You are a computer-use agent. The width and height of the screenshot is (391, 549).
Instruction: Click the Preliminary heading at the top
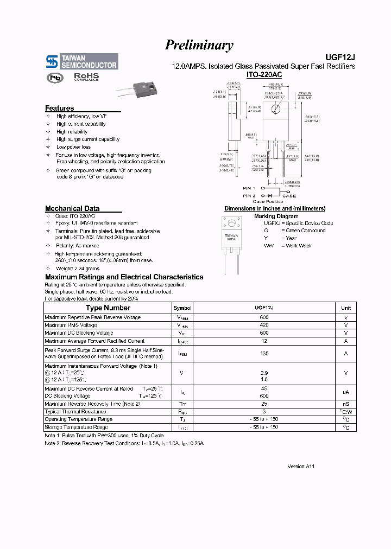coord(199,46)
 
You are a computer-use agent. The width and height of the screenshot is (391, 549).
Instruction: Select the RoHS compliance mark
coord(86,77)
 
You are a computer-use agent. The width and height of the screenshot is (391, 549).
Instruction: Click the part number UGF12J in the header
coord(340,56)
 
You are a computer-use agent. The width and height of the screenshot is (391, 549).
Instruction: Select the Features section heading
coord(59,108)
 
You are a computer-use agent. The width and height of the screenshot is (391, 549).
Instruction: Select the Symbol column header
coord(182,308)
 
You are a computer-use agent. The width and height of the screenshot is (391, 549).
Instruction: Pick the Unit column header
coord(345,308)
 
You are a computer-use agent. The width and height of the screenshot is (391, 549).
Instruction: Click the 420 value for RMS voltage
coord(264,325)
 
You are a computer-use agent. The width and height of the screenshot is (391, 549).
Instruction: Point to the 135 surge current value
coord(264,353)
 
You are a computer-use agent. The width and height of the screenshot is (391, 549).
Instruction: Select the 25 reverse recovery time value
coord(264,404)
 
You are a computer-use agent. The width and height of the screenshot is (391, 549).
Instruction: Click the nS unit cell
coord(345,404)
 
